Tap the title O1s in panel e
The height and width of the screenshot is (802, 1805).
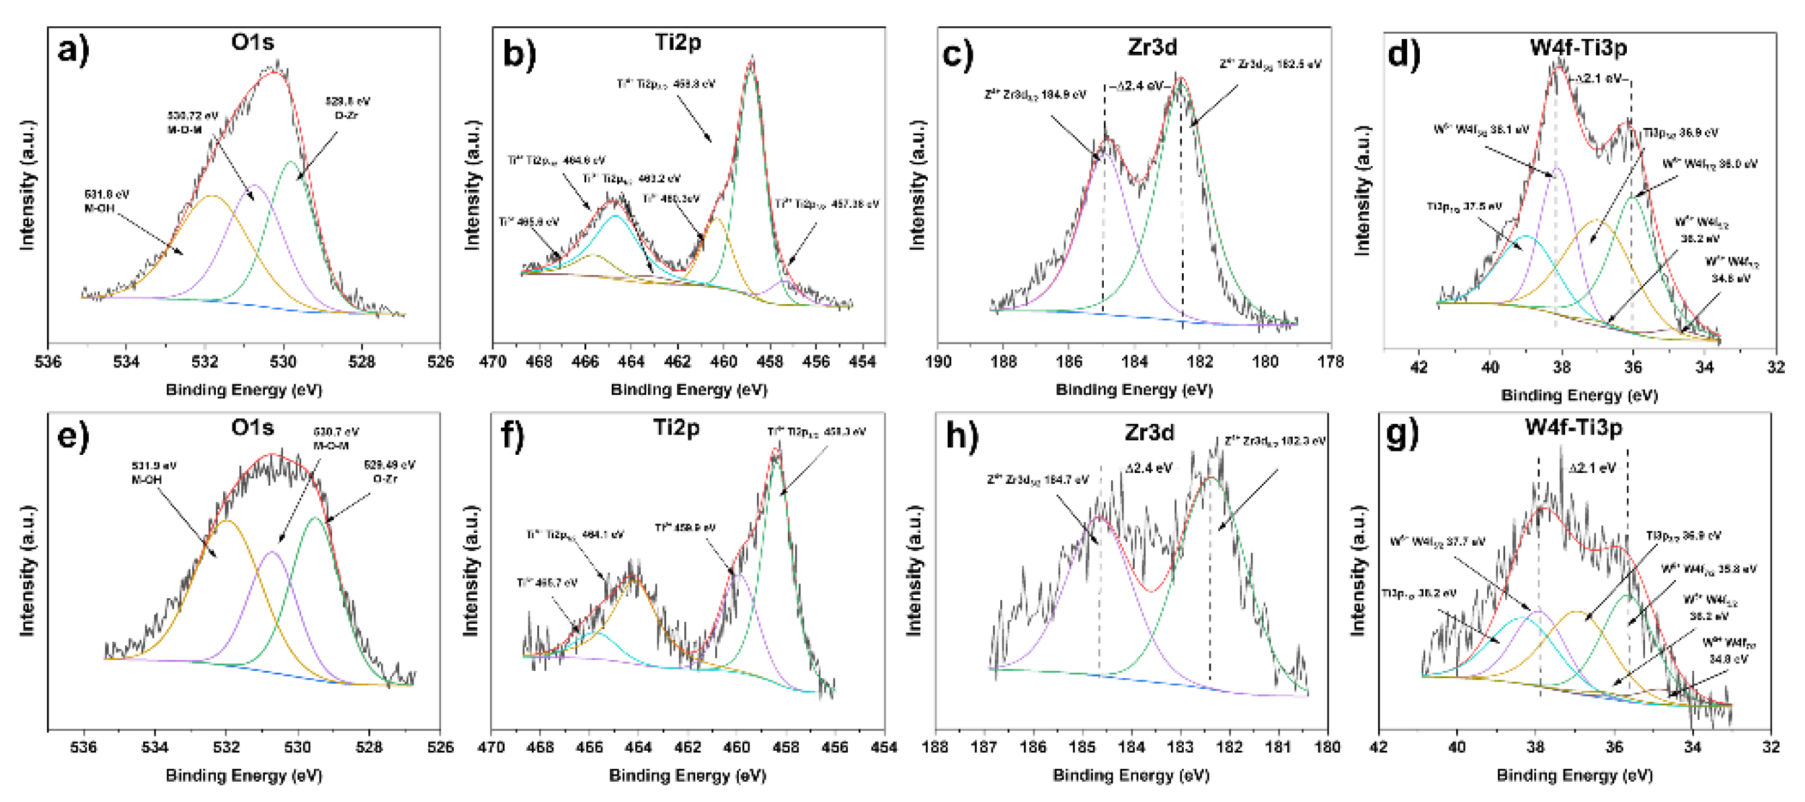(252, 427)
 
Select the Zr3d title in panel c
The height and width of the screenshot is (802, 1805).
(1152, 47)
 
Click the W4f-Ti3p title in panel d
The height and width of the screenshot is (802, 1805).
(1578, 47)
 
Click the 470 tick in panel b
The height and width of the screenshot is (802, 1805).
(493, 362)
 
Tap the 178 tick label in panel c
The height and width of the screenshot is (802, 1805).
(1330, 362)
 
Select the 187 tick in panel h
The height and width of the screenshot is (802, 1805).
(984, 748)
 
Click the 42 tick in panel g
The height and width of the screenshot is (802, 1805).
(1378, 748)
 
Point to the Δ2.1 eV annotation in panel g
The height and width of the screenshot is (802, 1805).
(1592, 468)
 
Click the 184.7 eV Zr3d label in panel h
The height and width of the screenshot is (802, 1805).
(1038, 480)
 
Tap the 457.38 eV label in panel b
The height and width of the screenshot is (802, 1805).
(827, 204)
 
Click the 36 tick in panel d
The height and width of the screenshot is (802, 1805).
(1633, 367)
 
